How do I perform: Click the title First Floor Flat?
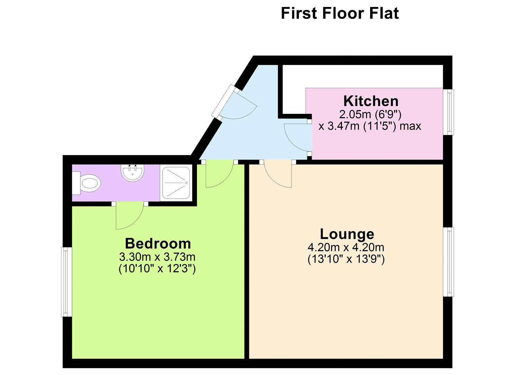(x=340, y=13)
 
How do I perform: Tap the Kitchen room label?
(x=371, y=101)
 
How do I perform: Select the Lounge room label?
(x=347, y=234)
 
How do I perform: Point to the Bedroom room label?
(x=158, y=243)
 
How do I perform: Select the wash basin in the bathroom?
(x=132, y=173)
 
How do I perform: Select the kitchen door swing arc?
(x=297, y=138)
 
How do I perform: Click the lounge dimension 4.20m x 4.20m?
(x=346, y=248)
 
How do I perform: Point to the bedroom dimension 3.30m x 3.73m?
(x=157, y=257)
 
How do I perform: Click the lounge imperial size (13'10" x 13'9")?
(x=346, y=259)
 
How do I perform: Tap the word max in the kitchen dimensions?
(x=410, y=126)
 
